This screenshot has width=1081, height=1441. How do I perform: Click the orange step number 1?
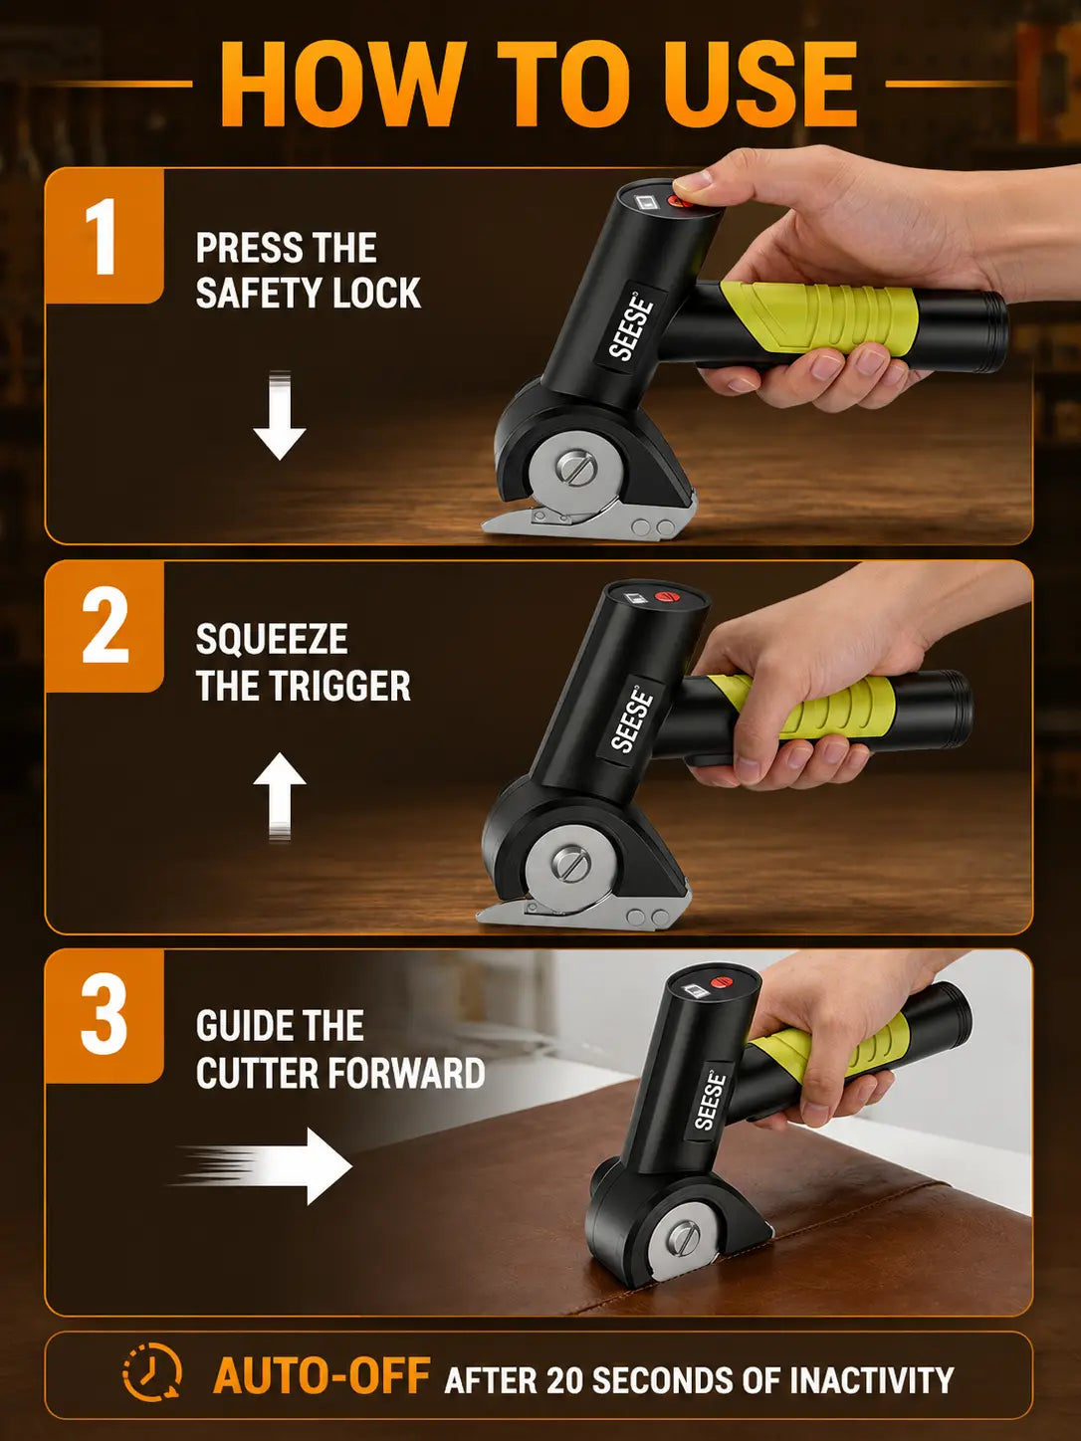point(104,236)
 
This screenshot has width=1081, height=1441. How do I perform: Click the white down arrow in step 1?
point(280,415)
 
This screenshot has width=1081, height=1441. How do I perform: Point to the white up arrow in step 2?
point(280,796)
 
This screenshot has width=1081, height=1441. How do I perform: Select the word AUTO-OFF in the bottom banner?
point(322,1374)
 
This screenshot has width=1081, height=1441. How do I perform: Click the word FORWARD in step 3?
point(405,1073)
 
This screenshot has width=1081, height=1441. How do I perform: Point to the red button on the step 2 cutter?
point(666,596)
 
